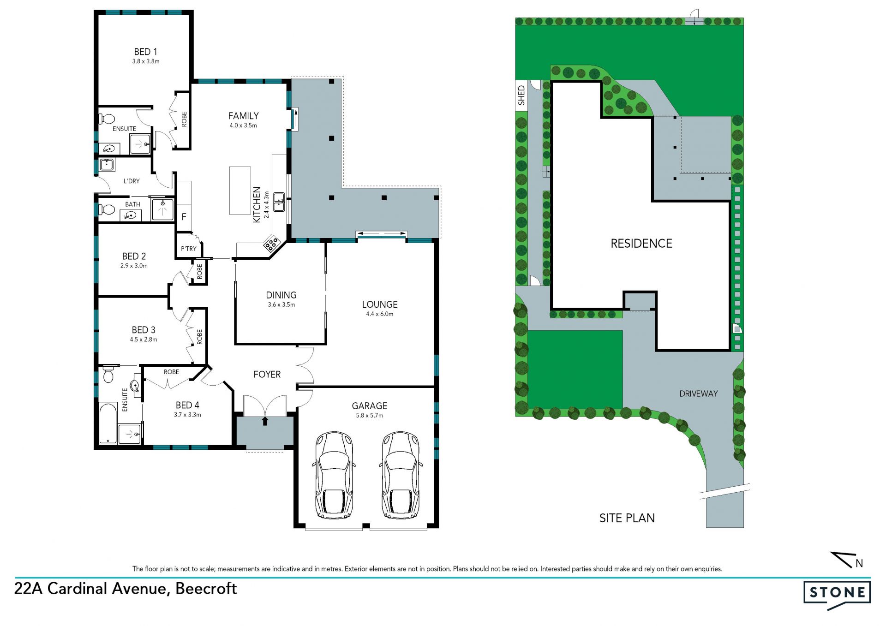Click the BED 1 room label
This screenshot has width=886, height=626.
[146, 52]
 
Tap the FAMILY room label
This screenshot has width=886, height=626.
[243, 116]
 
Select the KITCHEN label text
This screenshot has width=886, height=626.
[257, 205]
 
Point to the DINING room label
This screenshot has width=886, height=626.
[281, 295]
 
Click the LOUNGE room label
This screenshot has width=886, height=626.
[380, 304]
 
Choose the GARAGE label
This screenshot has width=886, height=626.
[370, 406]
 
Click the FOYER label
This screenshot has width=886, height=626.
[267, 374]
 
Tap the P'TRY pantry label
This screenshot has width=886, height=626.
[189, 249]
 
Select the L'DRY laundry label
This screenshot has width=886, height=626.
[132, 181]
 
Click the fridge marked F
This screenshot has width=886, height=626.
[184, 216]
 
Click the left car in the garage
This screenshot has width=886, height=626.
[334, 475]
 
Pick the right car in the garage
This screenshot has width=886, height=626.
[400, 475]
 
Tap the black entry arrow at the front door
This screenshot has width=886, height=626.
[265, 421]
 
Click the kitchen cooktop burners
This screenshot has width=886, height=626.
[271, 243]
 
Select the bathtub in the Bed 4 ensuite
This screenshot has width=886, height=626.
[108, 423]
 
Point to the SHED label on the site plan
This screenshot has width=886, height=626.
[521, 95]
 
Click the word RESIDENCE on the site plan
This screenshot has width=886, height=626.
[641, 244]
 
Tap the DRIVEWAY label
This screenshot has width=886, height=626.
[699, 393]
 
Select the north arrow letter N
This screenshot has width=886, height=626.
[859, 563]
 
